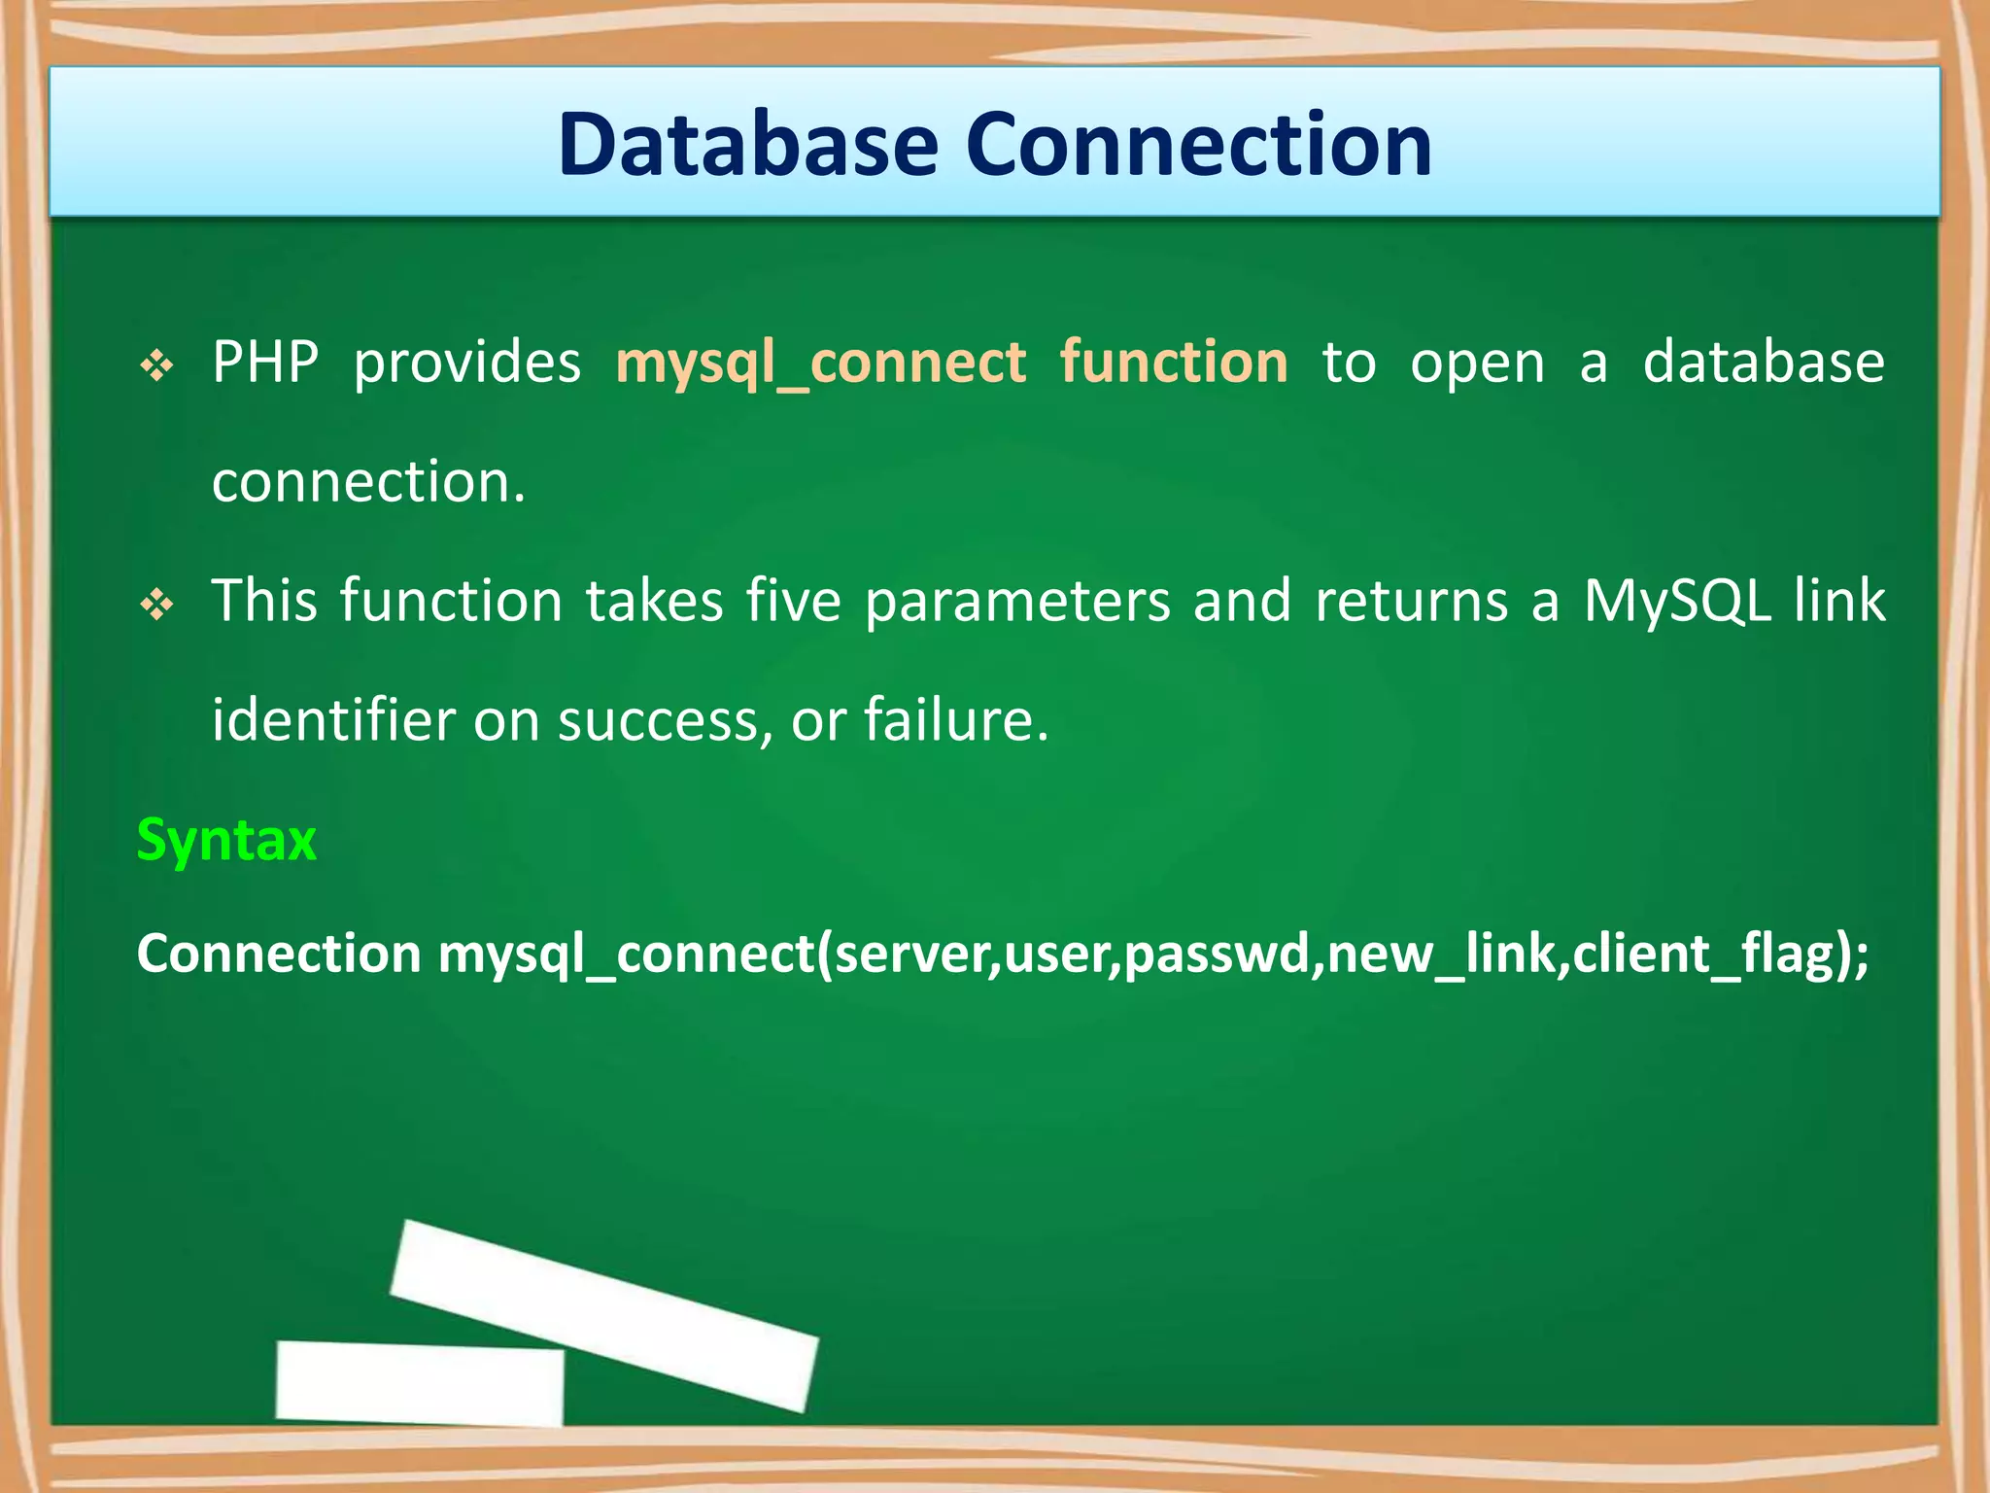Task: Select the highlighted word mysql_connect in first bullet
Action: click(x=820, y=363)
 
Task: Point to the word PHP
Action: click(x=265, y=362)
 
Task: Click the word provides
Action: click(x=466, y=363)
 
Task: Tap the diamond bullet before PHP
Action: click(x=156, y=366)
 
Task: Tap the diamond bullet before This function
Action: click(x=156, y=606)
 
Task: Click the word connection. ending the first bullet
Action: click(x=368, y=481)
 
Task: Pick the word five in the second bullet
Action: click(x=793, y=600)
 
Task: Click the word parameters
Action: click(x=1017, y=602)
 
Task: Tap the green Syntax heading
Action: click(x=226, y=840)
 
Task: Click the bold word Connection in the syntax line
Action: click(x=279, y=954)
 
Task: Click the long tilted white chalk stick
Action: click(x=603, y=1315)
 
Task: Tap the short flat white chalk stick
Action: click(x=420, y=1383)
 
